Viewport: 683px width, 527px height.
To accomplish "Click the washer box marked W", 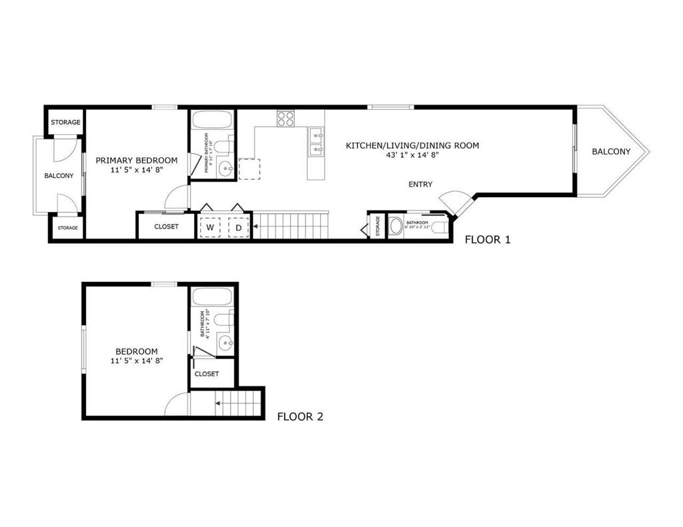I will [x=210, y=227].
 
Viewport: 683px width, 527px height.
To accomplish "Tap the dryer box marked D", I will [x=238, y=227].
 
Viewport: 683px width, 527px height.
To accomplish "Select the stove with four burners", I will [x=286, y=118].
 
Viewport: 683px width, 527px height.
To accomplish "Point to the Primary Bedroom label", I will [x=137, y=160].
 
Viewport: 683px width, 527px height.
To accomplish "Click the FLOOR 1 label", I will [x=488, y=240].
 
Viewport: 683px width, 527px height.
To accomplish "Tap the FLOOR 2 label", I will [x=300, y=417].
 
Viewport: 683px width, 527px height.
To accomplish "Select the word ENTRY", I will [x=421, y=185].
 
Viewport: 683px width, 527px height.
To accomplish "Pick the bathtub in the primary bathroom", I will [x=212, y=121].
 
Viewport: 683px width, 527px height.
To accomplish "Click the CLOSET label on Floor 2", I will [x=207, y=374].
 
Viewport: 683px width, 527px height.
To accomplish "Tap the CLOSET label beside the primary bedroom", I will [x=166, y=227].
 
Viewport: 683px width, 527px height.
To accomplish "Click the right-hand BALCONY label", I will [x=611, y=151].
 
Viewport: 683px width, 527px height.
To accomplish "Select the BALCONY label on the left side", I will [x=59, y=175].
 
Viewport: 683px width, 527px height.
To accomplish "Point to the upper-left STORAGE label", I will [x=65, y=122].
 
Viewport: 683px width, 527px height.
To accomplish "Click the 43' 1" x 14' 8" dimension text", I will [x=412, y=155].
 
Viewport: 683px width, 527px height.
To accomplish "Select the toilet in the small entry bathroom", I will [x=438, y=227].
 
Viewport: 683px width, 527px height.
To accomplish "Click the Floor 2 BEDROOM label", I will [x=137, y=351].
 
